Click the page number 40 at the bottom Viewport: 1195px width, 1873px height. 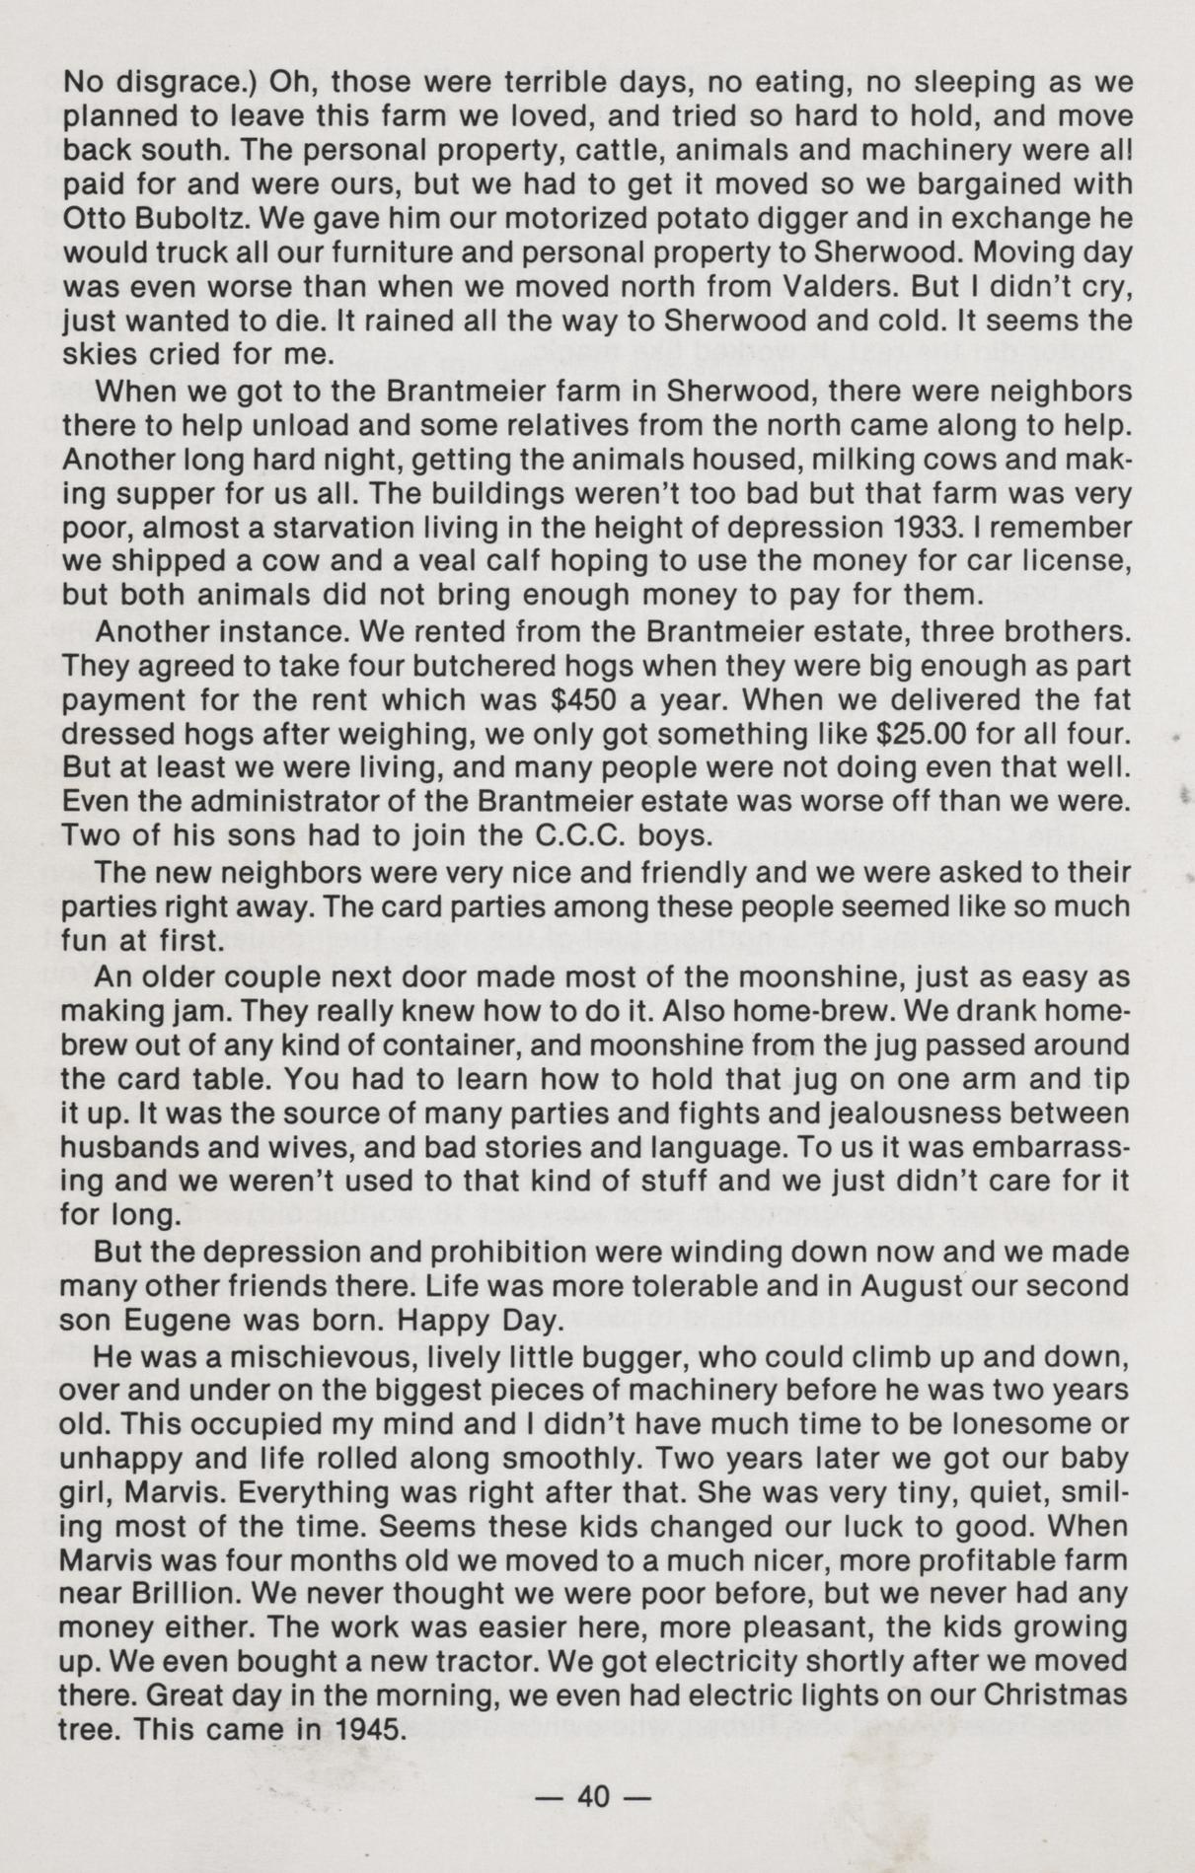595,1797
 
